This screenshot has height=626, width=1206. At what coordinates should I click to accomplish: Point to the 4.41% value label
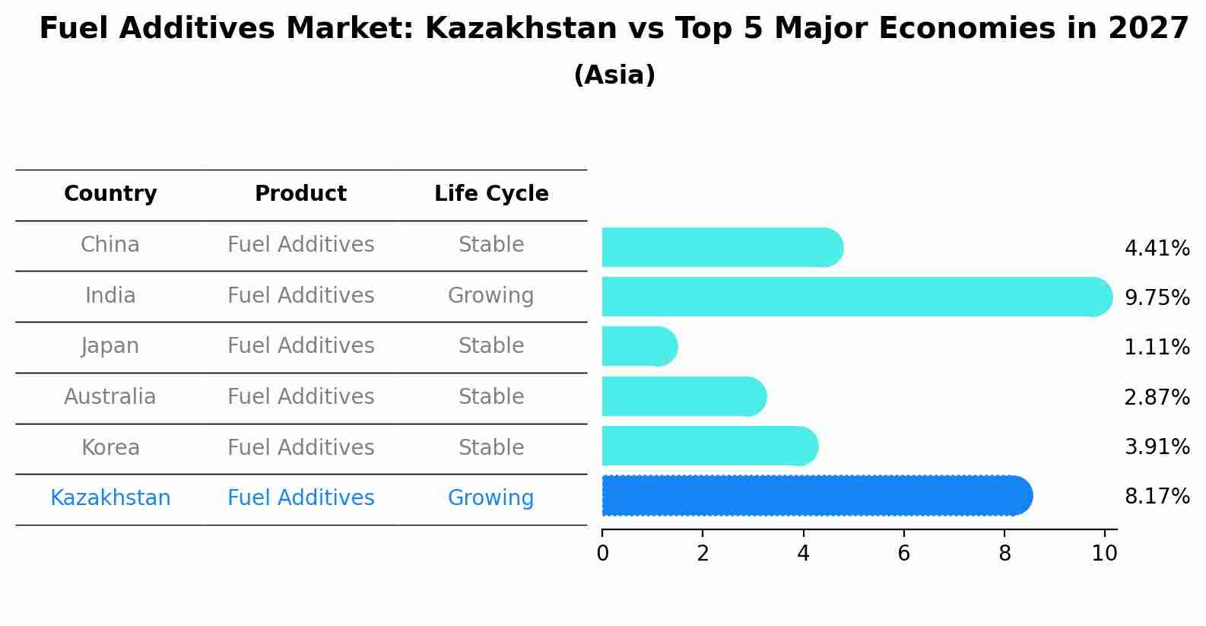[1157, 249]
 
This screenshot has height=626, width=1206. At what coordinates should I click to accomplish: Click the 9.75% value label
[1157, 298]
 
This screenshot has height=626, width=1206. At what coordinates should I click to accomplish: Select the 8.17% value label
[1157, 497]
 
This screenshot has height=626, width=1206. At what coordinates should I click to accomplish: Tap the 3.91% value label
[1157, 447]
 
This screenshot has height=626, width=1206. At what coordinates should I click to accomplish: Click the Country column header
[110, 194]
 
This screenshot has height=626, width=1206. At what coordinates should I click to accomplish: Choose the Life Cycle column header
[491, 194]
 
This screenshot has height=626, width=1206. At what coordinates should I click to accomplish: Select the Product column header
[300, 194]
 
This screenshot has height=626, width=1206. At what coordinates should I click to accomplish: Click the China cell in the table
[110, 245]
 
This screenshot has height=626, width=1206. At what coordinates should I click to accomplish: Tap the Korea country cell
[110, 448]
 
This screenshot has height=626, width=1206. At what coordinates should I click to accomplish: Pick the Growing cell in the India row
[490, 296]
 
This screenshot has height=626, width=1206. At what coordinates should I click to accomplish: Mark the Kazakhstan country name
[110, 498]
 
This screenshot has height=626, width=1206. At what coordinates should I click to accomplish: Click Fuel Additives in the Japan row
[300, 346]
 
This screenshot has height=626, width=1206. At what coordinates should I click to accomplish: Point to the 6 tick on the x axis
[903, 553]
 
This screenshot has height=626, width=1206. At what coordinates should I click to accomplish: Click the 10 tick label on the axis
[1104, 553]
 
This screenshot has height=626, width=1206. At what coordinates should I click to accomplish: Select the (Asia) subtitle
[614, 75]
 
